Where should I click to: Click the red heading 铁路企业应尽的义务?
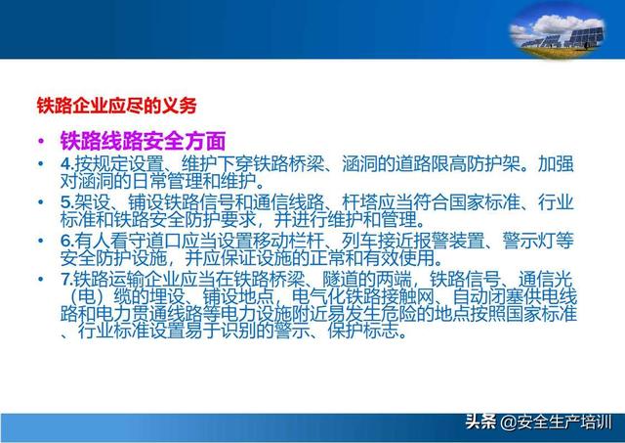click(117, 106)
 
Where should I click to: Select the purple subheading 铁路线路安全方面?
click(143, 141)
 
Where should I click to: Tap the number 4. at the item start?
click(67, 164)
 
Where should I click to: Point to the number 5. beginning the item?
click(67, 202)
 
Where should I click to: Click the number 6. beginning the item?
click(67, 241)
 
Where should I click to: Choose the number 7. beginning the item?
click(67, 279)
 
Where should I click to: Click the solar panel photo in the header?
click(557, 32)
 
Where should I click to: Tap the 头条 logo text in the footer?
click(481, 421)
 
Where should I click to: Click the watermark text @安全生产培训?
click(556, 422)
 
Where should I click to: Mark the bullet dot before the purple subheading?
click(41, 141)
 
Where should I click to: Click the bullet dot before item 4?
click(41, 163)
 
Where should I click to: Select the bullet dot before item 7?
click(41, 279)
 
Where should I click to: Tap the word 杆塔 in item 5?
click(359, 202)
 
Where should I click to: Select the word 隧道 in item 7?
click(341, 279)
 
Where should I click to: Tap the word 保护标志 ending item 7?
click(363, 331)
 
